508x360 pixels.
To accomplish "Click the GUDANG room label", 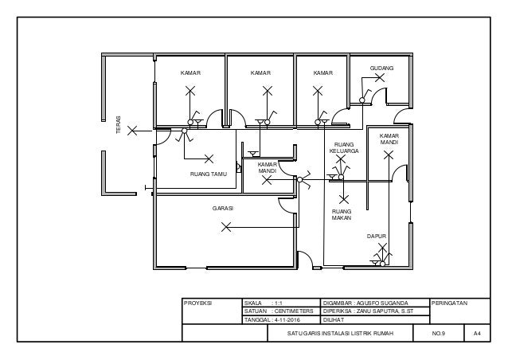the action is coord(381,68).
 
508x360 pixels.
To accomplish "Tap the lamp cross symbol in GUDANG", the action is coord(380,77).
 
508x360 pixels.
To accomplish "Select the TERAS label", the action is coord(119,125).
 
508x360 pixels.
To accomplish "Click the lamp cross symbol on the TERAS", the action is coord(132,131).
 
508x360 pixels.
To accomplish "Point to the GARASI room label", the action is coord(223,209).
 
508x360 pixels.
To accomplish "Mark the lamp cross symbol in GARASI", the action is coord(226,227).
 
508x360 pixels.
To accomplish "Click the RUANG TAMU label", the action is coord(209,174).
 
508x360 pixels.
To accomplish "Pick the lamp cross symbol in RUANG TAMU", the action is coord(209,158).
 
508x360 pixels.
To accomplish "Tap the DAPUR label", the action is coord(377,237).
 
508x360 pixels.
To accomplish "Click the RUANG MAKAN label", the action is coord(342,215).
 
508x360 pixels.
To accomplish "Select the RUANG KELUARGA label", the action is coord(344,148).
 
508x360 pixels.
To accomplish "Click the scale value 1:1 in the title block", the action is coord(279,303).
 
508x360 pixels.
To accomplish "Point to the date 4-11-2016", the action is coord(287,320).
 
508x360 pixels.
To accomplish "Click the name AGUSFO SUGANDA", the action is coord(382,303).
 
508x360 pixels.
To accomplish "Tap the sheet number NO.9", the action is coord(439,333).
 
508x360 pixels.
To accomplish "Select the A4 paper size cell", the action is coord(477,333).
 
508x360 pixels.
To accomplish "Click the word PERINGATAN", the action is coord(449,303).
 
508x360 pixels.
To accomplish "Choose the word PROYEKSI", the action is coord(197,303).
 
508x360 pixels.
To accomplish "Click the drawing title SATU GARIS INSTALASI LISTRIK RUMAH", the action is coord(340,333).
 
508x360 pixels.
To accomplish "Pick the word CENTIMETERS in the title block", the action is coord(294,311).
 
